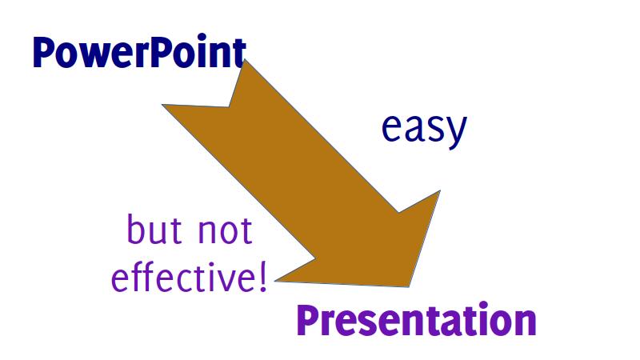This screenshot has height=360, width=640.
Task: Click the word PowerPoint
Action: pyautogui.click(x=139, y=53)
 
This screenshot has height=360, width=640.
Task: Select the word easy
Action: pyautogui.click(x=424, y=128)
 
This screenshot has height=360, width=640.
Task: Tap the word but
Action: pyautogui.click(x=154, y=230)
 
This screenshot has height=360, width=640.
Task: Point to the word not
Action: pyautogui.click(x=225, y=230)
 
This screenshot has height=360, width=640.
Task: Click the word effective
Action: pyautogui.click(x=183, y=276)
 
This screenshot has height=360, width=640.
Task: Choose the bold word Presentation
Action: pyautogui.click(x=416, y=321)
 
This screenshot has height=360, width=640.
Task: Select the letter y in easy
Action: pyautogui.click(x=455, y=132)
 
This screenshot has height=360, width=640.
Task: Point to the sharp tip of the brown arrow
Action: pyautogui.click(x=409, y=287)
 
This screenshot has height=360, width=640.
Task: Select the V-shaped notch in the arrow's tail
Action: pyautogui.click(x=229, y=107)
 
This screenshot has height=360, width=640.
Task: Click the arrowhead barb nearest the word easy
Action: pyautogui.click(x=440, y=190)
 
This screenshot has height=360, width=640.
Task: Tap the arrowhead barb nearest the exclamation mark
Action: pyautogui.click(x=275, y=281)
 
